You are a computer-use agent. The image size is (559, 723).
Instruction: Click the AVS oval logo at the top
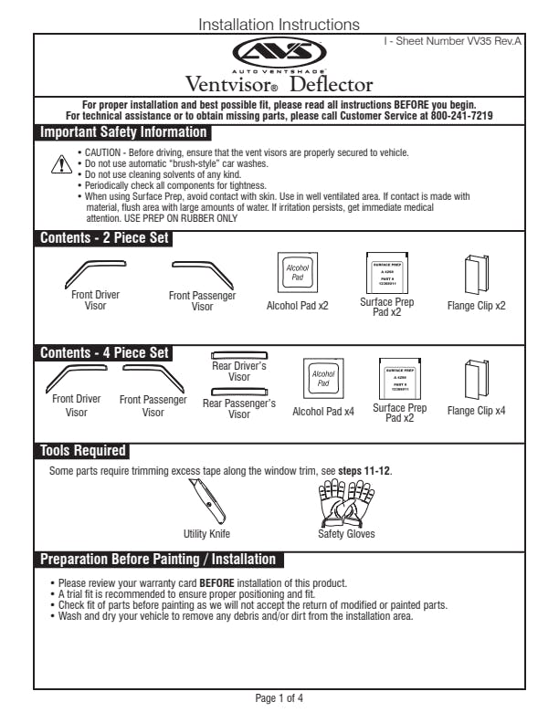[279, 52]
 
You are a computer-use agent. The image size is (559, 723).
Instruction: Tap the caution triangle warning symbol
[60, 164]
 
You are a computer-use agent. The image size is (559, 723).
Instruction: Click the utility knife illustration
[206, 501]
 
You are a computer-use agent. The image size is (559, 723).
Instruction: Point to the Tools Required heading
[82, 450]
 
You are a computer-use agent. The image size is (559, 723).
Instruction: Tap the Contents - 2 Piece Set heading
[104, 239]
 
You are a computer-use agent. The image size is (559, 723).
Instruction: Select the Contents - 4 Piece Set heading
[104, 352]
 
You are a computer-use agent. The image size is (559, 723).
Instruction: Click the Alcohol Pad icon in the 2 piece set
[296, 271]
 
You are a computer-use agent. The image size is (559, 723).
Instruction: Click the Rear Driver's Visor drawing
[240, 355]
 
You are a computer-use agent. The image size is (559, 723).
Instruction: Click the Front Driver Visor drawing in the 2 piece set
[94, 274]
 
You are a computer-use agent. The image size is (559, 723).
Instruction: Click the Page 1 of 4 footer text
[279, 699]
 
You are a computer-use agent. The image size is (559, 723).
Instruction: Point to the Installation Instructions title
[279, 25]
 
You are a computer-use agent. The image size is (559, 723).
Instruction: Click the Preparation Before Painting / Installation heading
[157, 559]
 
